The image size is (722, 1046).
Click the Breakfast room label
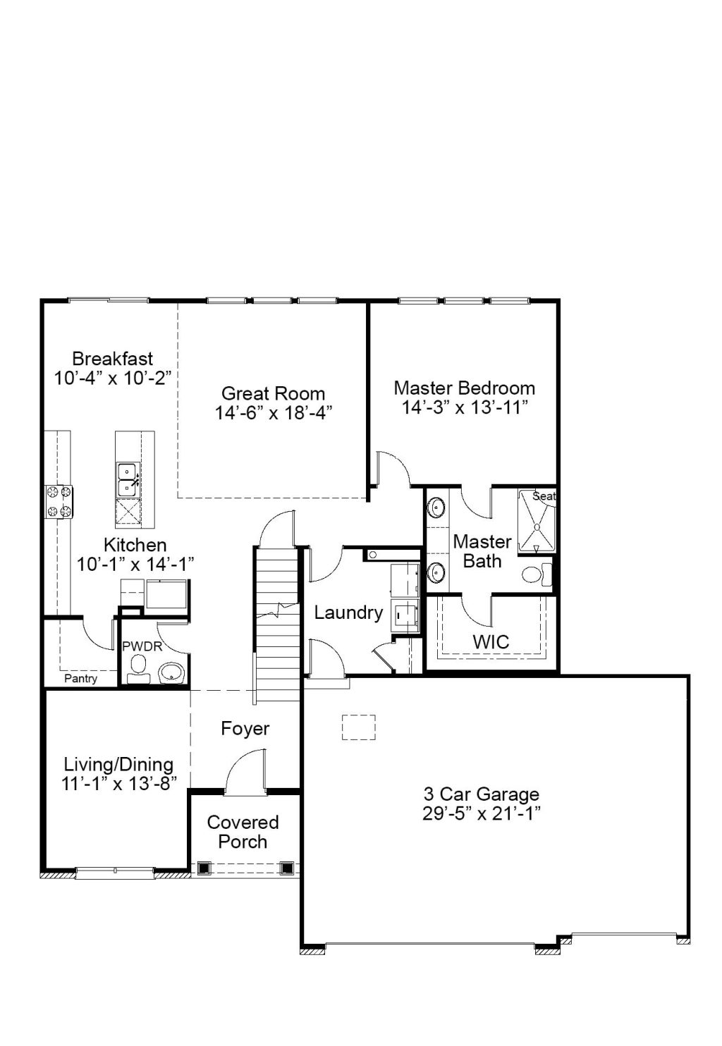113,359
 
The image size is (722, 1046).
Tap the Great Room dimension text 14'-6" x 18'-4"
273,413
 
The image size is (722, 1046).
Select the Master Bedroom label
464,388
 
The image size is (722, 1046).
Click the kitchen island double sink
128,479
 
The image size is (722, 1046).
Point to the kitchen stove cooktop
59,502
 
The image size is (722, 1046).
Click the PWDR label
142,646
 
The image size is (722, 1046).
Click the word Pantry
81,679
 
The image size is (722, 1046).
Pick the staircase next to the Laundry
276,624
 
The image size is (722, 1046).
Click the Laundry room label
348,613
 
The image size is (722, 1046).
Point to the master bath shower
537,521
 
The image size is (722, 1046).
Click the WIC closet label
491,642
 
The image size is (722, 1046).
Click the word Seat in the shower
544,496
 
